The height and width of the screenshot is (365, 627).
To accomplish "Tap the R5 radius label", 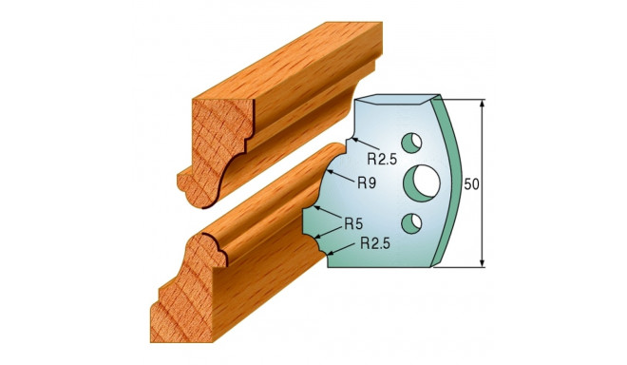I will pyautogui.click(x=355, y=224).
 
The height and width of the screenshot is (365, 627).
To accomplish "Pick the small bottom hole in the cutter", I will pyautogui.click(x=411, y=223).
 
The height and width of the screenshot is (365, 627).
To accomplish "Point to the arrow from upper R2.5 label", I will pyautogui.click(x=353, y=145).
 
